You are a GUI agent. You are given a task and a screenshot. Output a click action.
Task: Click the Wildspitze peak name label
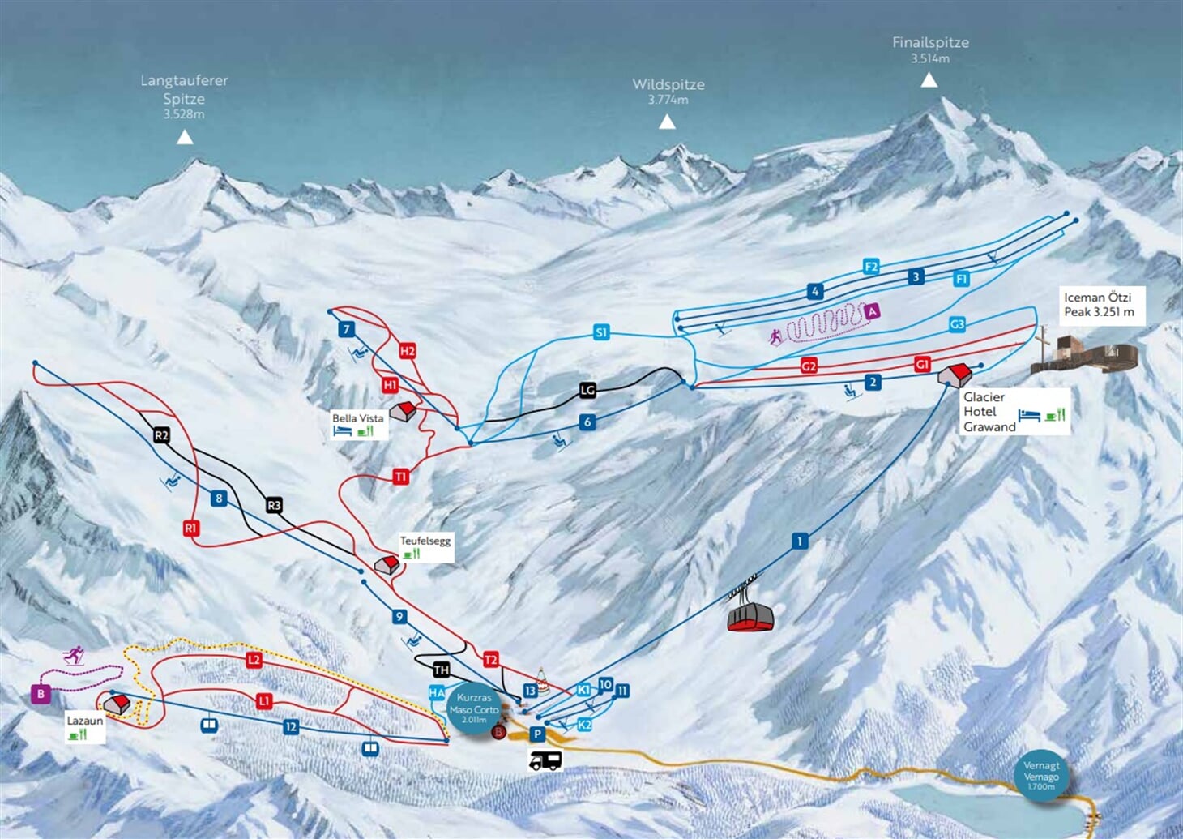pos(668,84)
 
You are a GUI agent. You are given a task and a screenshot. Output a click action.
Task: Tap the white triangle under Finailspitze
pos(929,79)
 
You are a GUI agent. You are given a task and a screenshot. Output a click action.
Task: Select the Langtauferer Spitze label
pos(184,89)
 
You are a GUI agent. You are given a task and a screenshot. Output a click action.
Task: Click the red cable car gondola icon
pos(750,615)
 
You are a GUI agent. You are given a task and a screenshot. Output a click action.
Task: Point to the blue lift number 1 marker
pos(800,541)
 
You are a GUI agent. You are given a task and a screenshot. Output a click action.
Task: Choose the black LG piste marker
pos(587,390)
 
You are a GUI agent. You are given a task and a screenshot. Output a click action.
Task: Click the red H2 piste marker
pos(407,351)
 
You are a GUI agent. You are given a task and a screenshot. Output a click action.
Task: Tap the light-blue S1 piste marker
pos(600,332)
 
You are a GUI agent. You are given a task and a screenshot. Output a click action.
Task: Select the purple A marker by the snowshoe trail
pos(872,310)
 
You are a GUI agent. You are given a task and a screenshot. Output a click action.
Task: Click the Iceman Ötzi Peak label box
pos(1100,305)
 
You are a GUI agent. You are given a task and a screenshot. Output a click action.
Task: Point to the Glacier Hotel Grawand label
pos(989,412)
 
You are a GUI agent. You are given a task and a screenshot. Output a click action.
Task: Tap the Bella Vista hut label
pos(357,418)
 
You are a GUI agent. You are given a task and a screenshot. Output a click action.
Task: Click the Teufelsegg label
pos(425,541)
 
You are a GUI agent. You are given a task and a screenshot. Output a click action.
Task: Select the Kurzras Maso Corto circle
pos(473,708)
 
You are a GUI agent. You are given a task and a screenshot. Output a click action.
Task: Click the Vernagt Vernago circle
pos(1041,776)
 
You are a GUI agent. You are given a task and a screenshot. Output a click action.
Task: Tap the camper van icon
pos(545,760)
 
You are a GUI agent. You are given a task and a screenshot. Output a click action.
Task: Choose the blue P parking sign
pos(536,734)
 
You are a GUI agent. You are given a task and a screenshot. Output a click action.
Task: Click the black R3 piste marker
pos(274,506)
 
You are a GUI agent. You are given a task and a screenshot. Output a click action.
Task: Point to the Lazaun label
pos(85,721)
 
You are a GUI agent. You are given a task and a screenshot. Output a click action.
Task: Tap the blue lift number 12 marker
pos(291,727)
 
